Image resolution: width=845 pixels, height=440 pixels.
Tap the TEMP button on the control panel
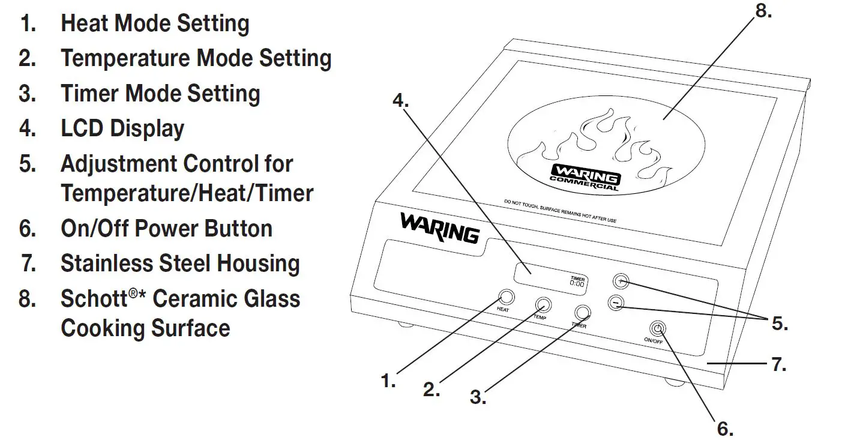click(543, 304)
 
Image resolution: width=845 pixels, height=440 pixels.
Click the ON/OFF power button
click(658, 328)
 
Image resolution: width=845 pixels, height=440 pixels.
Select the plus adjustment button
click(621, 280)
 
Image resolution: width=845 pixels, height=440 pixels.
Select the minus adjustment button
click(614, 303)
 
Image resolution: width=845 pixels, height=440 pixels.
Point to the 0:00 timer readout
click(577, 283)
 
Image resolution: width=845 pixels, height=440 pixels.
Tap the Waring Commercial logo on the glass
click(585, 177)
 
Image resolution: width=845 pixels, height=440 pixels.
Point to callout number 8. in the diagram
click(763, 11)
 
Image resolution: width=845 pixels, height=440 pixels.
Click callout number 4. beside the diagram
click(400, 100)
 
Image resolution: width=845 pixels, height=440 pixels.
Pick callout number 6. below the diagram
click(726, 428)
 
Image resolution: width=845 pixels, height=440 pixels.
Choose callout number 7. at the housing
click(778, 364)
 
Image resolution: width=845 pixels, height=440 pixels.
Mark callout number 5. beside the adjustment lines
click(780, 324)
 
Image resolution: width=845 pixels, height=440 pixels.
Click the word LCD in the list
click(82, 128)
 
